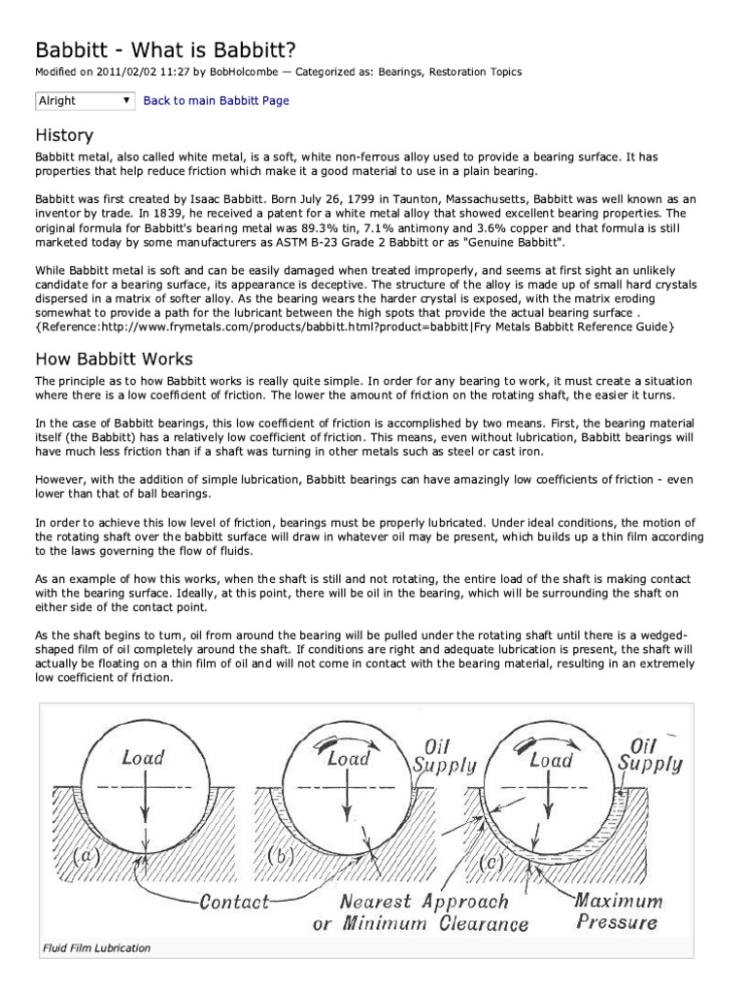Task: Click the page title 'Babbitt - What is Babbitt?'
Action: (x=185, y=49)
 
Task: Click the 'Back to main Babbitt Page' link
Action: (x=216, y=100)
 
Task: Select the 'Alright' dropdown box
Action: (x=85, y=100)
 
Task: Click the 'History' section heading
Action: (x=64, y=134)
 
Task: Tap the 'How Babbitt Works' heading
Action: (x=114, y=359)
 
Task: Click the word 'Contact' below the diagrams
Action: (x=232, y=901)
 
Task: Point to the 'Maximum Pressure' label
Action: (x=617, y=910)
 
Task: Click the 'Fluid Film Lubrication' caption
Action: (x=96, y=947)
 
